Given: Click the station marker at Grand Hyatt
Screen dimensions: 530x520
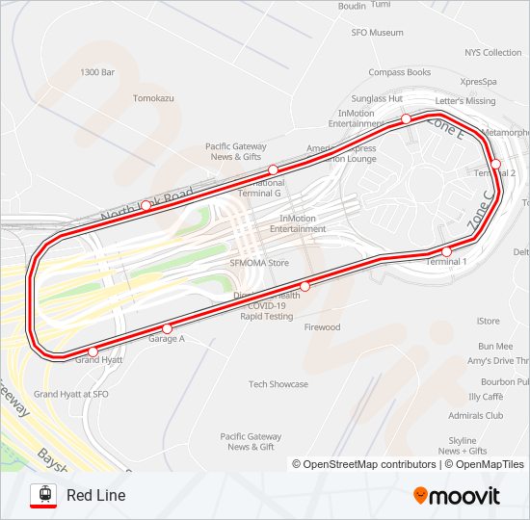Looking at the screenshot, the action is (93, 351).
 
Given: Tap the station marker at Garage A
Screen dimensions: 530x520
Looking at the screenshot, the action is (167, 329).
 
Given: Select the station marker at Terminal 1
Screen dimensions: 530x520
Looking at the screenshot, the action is (446, 251).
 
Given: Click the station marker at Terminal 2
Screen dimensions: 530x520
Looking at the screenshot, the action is (495, 164).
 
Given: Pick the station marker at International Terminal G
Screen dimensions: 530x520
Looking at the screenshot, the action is (273, 170).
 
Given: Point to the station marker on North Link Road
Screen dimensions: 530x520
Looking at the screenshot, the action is (145, 205).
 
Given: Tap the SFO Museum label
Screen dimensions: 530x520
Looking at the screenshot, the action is (377, 33).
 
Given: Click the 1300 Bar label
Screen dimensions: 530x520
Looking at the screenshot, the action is (97, 72).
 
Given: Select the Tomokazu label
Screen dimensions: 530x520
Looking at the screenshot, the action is (153, 98).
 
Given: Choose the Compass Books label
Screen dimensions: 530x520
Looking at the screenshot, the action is (399, 72).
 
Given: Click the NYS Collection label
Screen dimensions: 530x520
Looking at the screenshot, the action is (492, 53).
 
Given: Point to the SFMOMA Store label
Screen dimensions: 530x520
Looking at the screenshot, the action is (259, 262).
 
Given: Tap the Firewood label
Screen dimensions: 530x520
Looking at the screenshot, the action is (322, 327).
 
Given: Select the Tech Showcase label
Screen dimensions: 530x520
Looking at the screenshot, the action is (278, 384).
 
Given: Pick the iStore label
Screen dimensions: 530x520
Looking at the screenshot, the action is (489, 321).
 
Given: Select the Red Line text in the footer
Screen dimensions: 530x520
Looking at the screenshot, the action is (95, 496).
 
